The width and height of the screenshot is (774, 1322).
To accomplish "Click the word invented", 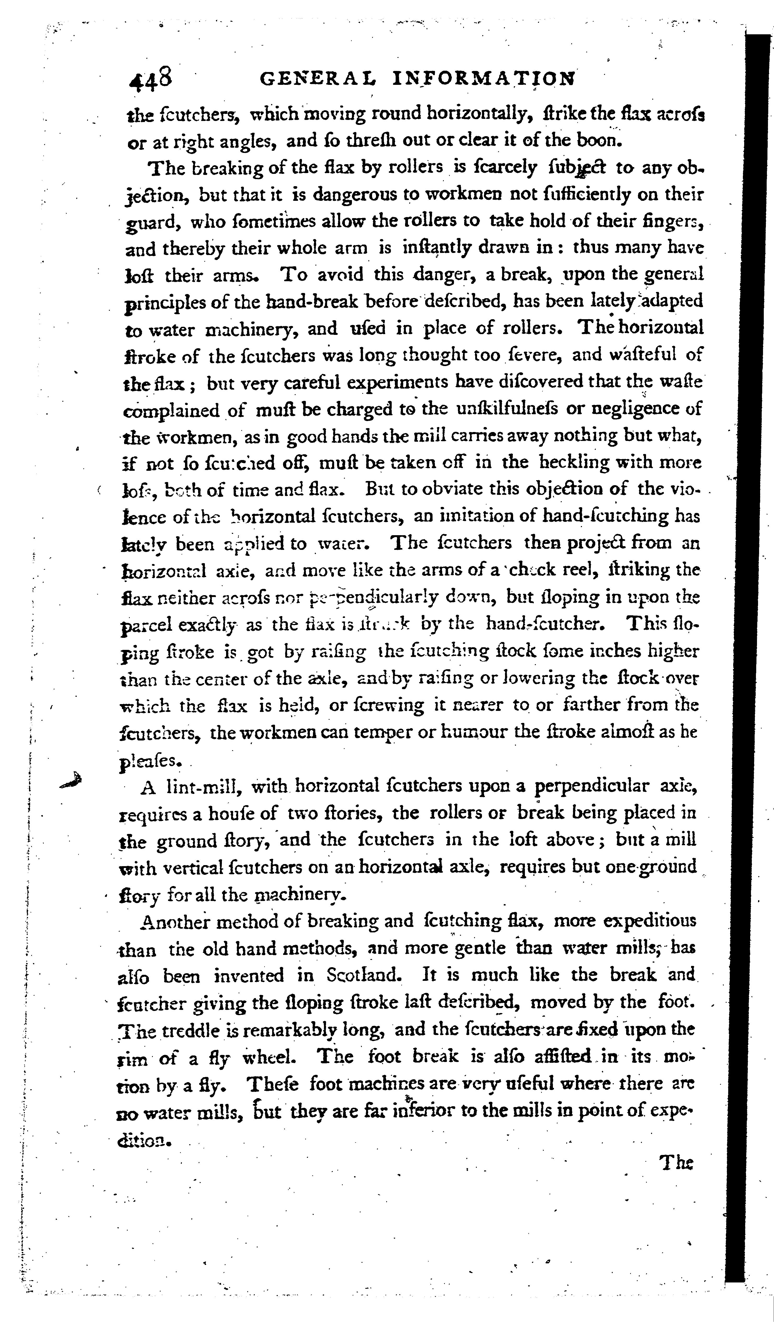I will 249,976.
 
